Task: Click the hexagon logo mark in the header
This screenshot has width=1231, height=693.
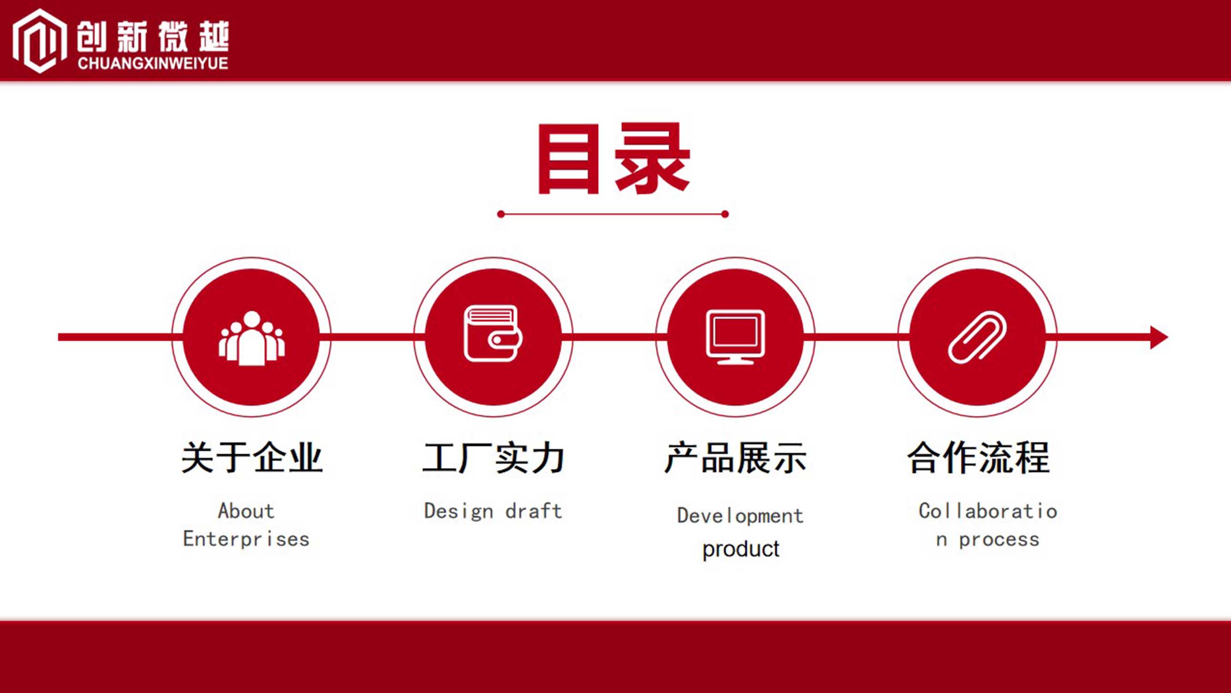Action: click(39, 41)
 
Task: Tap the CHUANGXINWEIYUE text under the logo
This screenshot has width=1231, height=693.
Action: click(153, 63)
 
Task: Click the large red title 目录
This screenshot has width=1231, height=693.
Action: click(613, 158)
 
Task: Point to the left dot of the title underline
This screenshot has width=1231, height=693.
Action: click(501, 214)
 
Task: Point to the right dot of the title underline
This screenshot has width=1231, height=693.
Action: click(725, 214)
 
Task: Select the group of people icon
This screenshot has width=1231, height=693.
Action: click(252, 338)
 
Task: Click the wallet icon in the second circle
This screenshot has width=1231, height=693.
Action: click(492, 334)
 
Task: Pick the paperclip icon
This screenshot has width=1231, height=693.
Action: click(977, 337)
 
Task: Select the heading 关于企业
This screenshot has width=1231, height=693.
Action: click(252, 458)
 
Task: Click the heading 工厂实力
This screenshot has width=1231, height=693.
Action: click(493, 458)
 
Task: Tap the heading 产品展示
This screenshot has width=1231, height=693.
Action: click(735, 458)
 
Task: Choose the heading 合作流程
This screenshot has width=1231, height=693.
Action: click(978, 458)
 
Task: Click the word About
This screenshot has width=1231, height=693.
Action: click(246, 511)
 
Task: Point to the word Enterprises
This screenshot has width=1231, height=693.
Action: click(246, 539)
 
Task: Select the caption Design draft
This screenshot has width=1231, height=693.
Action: click(493, 511)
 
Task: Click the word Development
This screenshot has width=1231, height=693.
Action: click(740, 516)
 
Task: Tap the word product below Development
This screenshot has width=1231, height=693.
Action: click(741, 549)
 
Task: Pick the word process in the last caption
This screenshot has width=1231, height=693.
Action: click(999, 540)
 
